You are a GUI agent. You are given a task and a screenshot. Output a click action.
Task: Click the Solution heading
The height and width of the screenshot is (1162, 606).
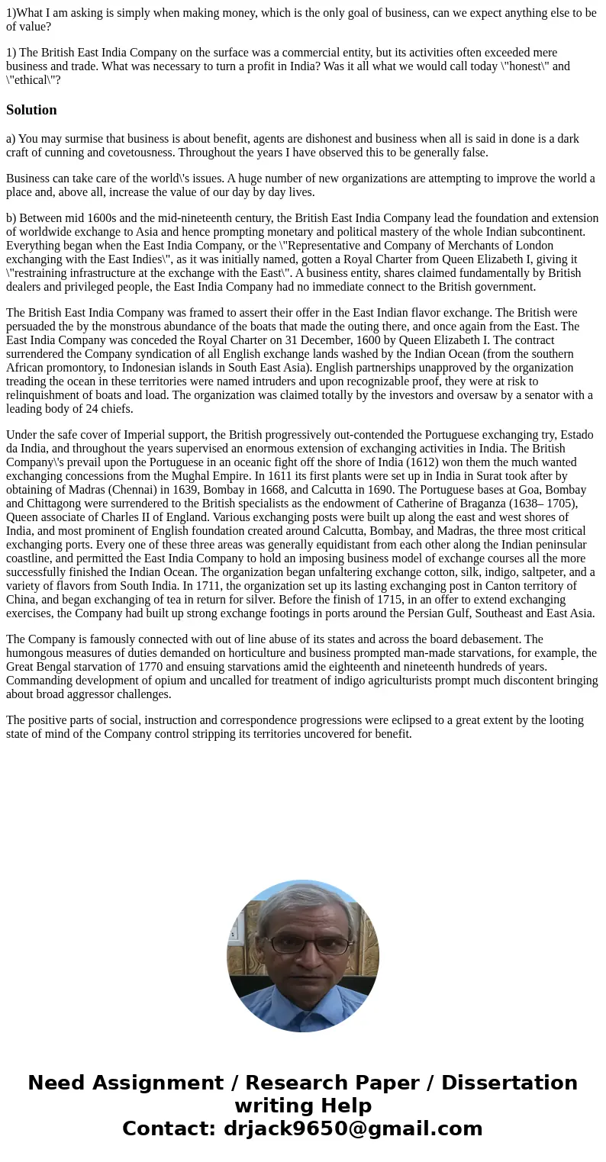pos(31,110)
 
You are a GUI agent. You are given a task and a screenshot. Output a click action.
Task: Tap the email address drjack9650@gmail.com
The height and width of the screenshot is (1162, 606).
pos(353,1128)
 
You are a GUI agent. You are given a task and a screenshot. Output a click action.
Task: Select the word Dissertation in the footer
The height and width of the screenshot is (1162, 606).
pos(509,1083)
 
